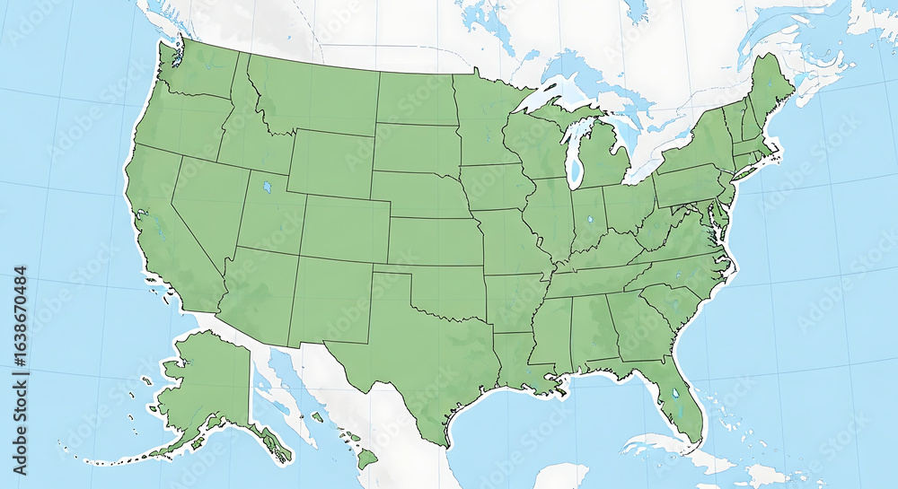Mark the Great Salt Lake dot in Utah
[266, 188]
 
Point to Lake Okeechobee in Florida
[674, 393]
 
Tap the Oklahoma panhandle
[395, 271]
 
